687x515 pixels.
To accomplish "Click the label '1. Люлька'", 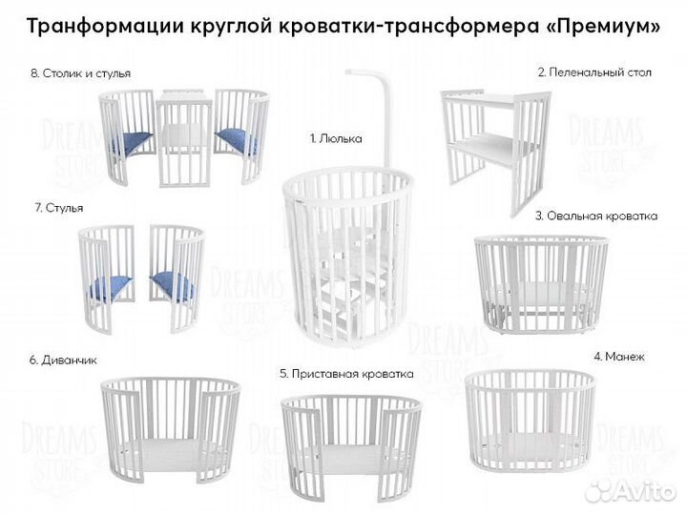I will (x=335, y=138).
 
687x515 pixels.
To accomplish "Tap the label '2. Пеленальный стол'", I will (x=594, y=72).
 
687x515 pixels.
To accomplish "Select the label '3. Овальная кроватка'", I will (x=595, y=216).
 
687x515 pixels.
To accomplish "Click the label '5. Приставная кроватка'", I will (x=345, y=374).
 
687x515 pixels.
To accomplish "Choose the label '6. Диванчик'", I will (x=63, y=360).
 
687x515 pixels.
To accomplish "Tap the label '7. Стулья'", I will (x=57, y=207).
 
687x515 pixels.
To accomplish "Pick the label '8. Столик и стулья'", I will (x=81, y=73).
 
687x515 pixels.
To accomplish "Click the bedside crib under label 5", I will (x=350, y=439).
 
